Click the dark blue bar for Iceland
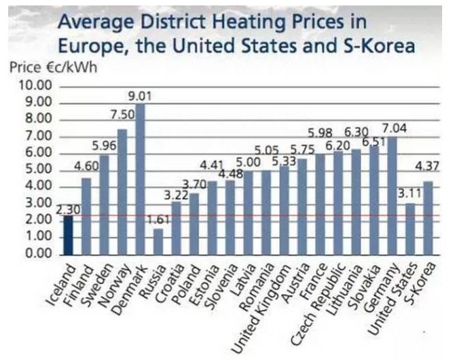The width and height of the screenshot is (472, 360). pyautogui.click(x=69, y=235)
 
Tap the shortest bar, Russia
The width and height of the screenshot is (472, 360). pyautogui.click(x=158, y=241)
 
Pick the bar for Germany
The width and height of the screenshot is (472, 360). pyautogui.click(x=392, y=196)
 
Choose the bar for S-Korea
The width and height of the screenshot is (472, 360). pyautogui.click(x=428, y=217)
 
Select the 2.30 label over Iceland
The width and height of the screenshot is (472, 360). pyautogui.click(x=68, y=211)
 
